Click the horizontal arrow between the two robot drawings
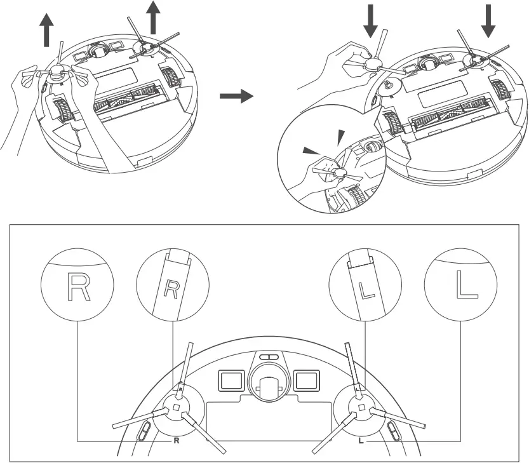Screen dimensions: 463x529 236,97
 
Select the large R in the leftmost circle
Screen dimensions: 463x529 77,288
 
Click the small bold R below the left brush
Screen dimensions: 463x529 177,440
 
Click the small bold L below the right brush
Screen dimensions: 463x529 361,440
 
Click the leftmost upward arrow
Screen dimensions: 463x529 46,32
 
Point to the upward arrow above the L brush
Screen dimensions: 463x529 152,17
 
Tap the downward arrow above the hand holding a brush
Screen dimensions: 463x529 371,22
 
